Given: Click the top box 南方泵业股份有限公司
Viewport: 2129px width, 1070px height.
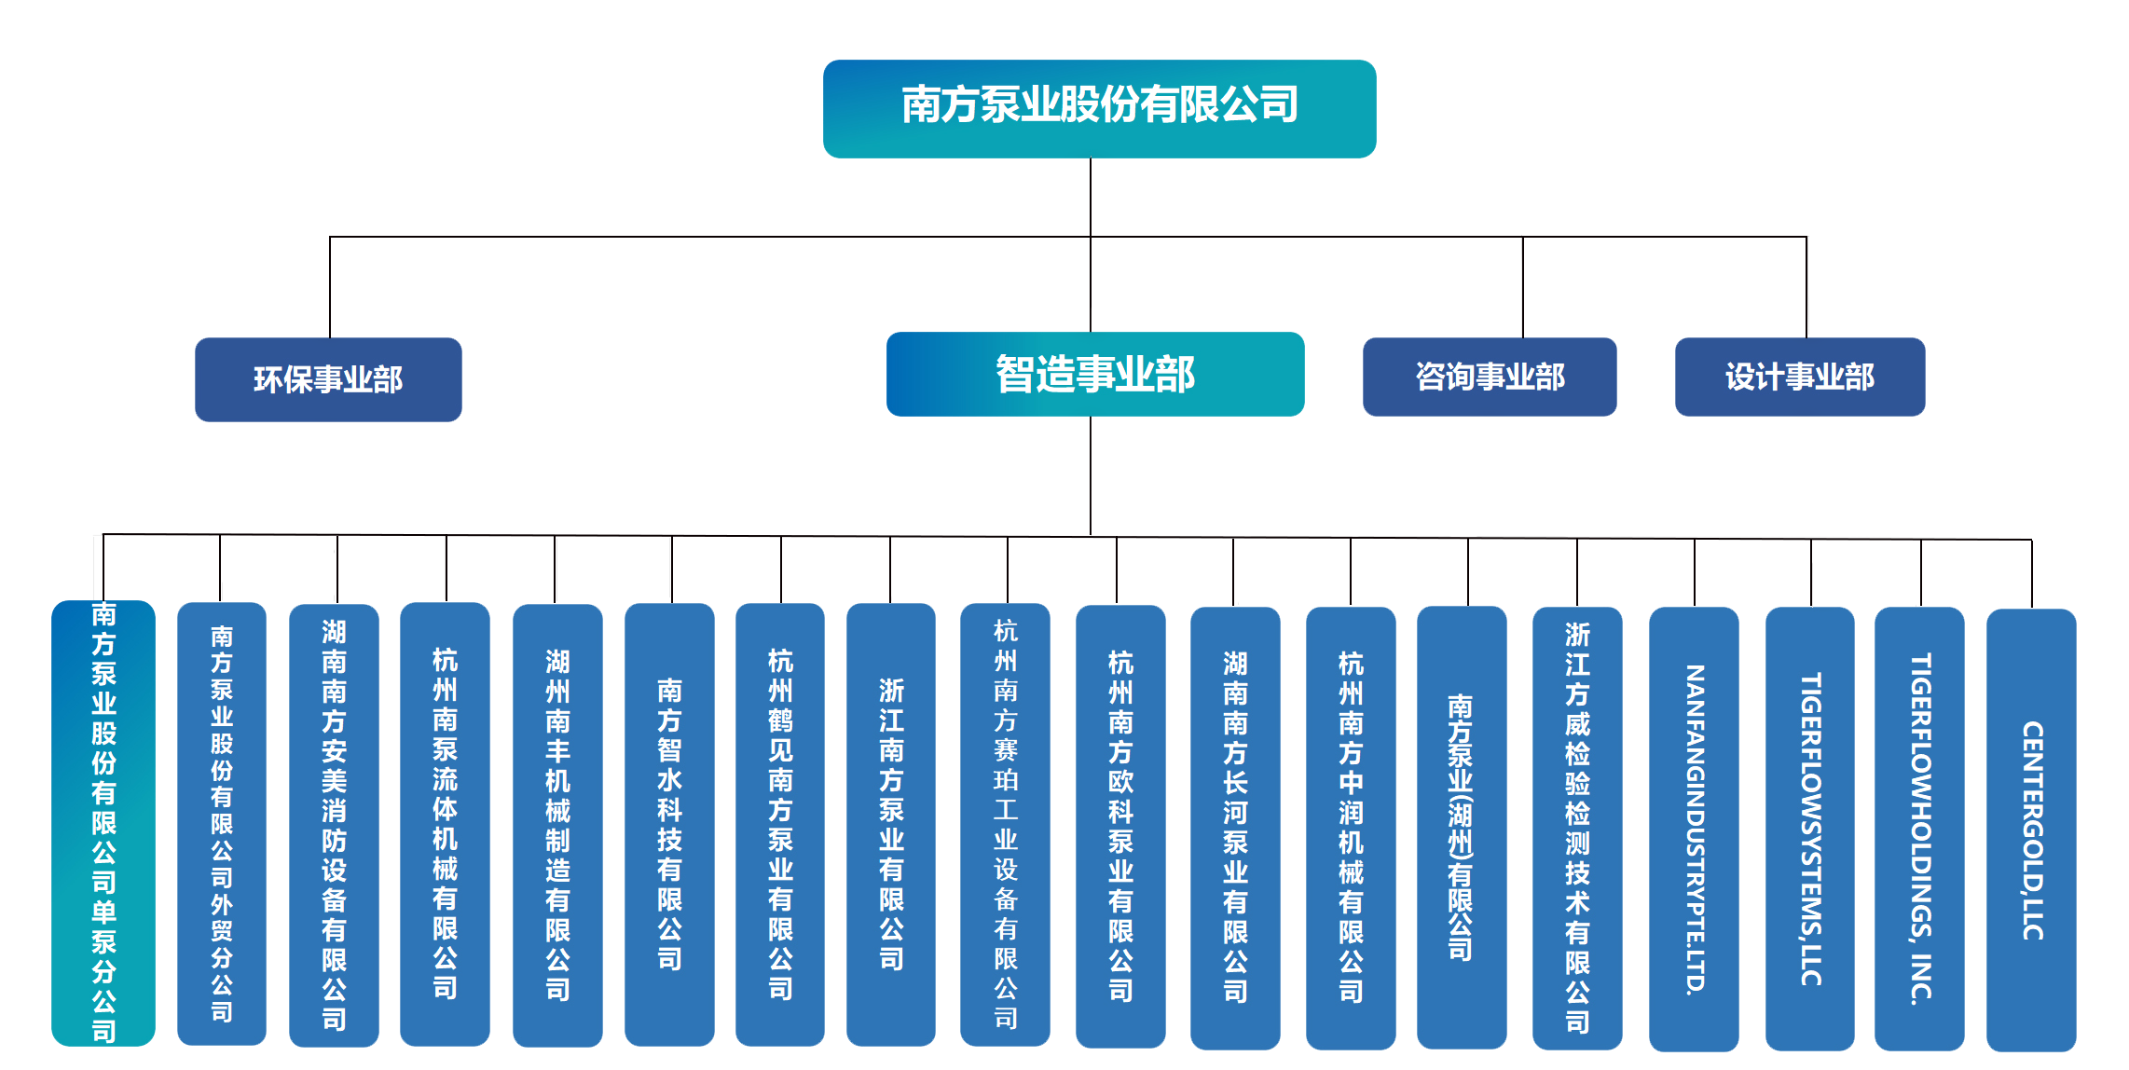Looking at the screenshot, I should pyautogui.click(x=1099, y=108).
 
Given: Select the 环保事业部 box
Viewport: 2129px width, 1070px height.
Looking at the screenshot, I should pyautogui.click(x=328, y=379).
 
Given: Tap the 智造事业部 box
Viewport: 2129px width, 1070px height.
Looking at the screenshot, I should pyautogui.click(x=1094, y=374).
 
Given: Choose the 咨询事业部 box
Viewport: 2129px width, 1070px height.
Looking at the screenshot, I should pyautogui.click(x=1489, y=377).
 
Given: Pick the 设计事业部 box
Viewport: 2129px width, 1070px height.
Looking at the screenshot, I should pyautogui.click(x=1799, y=377).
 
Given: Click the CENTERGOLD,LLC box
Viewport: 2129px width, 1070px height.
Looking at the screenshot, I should pyautogui.click(x=2031, y=829).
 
